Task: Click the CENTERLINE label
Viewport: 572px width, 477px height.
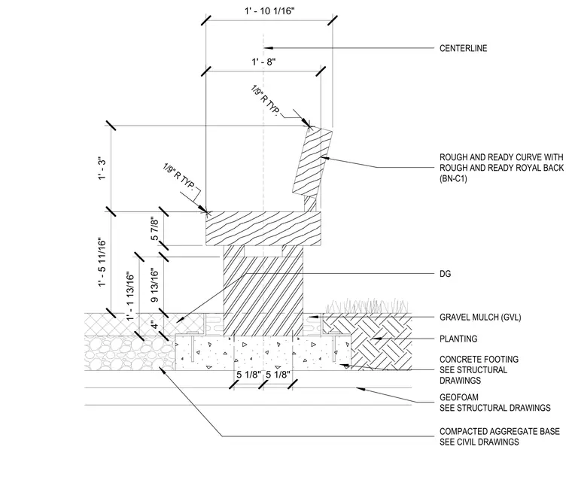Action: point(463,48)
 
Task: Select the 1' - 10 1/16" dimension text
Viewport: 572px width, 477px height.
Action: point(269,11)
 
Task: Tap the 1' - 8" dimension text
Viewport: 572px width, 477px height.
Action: point(263,62)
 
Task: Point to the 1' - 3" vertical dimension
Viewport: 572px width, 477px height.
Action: point(102,168)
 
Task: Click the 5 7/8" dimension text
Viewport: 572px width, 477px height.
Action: point(155,229)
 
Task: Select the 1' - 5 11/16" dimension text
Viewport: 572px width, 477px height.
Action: point(102,263)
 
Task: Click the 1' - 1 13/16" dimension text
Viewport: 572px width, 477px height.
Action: point(130,296)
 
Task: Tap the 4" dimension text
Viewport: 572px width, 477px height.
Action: point(156,324)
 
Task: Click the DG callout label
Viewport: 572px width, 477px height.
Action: point(445,274)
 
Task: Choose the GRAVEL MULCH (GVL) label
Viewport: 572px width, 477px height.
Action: point(480,317)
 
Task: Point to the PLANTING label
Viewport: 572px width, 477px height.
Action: point(458,339)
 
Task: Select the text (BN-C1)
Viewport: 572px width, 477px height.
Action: point(453,179)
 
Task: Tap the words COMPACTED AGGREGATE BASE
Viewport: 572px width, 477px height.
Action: point(500,431)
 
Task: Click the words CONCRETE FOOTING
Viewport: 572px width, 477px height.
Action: point(479,359)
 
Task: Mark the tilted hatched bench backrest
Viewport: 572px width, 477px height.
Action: point(312,163)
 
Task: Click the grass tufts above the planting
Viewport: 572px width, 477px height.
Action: point(367,305)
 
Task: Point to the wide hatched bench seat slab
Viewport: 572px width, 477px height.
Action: point(263,228)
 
